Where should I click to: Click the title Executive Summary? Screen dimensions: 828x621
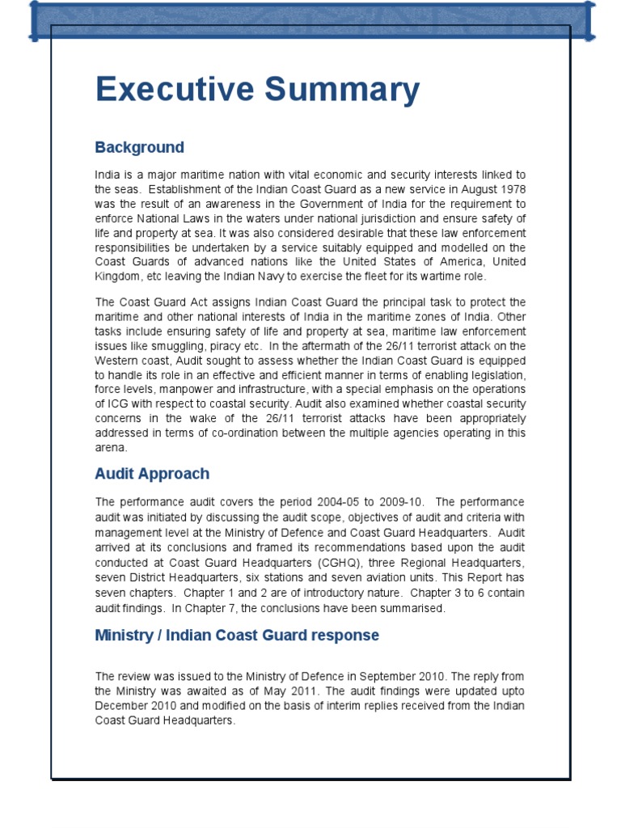click(x=257, y=90)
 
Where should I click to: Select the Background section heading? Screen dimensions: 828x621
click(x=139, y=147)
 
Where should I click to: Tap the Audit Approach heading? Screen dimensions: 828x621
click(x=152, y=474)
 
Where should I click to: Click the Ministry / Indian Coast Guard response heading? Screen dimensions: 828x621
click(x=237, y=635)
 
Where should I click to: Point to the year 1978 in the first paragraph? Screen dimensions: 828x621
click(x=509, y=189)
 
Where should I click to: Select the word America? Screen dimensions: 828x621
click(x=454, y=262)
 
